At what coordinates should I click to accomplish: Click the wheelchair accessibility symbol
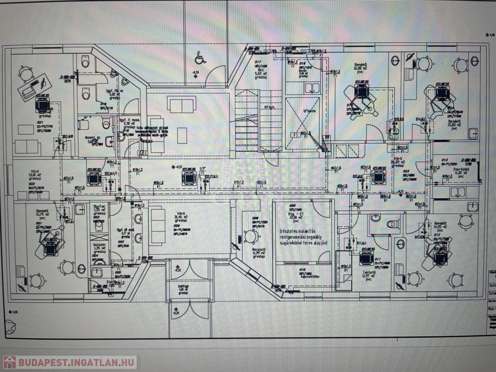[x=200, y=58]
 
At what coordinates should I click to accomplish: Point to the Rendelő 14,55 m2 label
[x=439, y=224]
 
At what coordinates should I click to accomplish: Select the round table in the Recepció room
[x=251, y=236]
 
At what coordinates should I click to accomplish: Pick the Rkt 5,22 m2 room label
[x=258, y=71]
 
